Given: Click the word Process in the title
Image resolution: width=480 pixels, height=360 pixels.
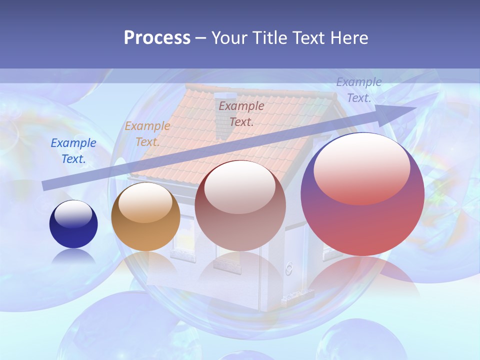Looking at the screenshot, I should [157, 38].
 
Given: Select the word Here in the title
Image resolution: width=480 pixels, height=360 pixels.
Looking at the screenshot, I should [350, 38].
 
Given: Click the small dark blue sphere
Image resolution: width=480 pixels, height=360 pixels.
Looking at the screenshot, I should [73, 224].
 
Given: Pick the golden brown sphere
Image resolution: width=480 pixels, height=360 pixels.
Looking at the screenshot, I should [145, 217].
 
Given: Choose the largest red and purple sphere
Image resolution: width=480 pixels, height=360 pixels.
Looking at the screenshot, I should [362, 195].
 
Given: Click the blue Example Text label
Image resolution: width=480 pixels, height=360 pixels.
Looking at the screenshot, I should [73, 151].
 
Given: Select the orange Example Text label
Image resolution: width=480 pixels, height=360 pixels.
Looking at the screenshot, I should [147, 134].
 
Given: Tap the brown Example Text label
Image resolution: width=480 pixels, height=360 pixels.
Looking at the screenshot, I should [241, 113].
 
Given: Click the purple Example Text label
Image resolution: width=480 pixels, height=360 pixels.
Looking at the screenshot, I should [359, 90].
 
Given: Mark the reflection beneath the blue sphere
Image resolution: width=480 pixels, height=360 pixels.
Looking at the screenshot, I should [73, 257].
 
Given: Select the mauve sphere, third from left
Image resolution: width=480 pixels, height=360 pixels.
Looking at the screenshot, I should [240, 206].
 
